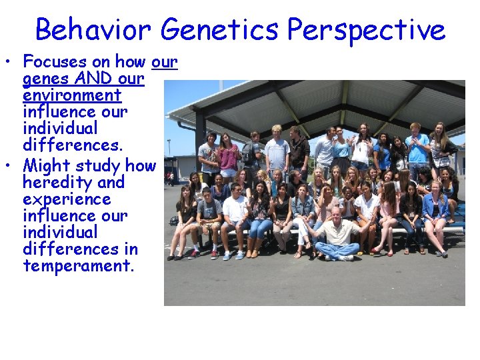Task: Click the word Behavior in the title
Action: (93, 30)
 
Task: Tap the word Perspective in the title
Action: (366, 30)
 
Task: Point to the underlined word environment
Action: (72, 95)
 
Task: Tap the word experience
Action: (67, 199)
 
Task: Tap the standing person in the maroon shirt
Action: (229, 157)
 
